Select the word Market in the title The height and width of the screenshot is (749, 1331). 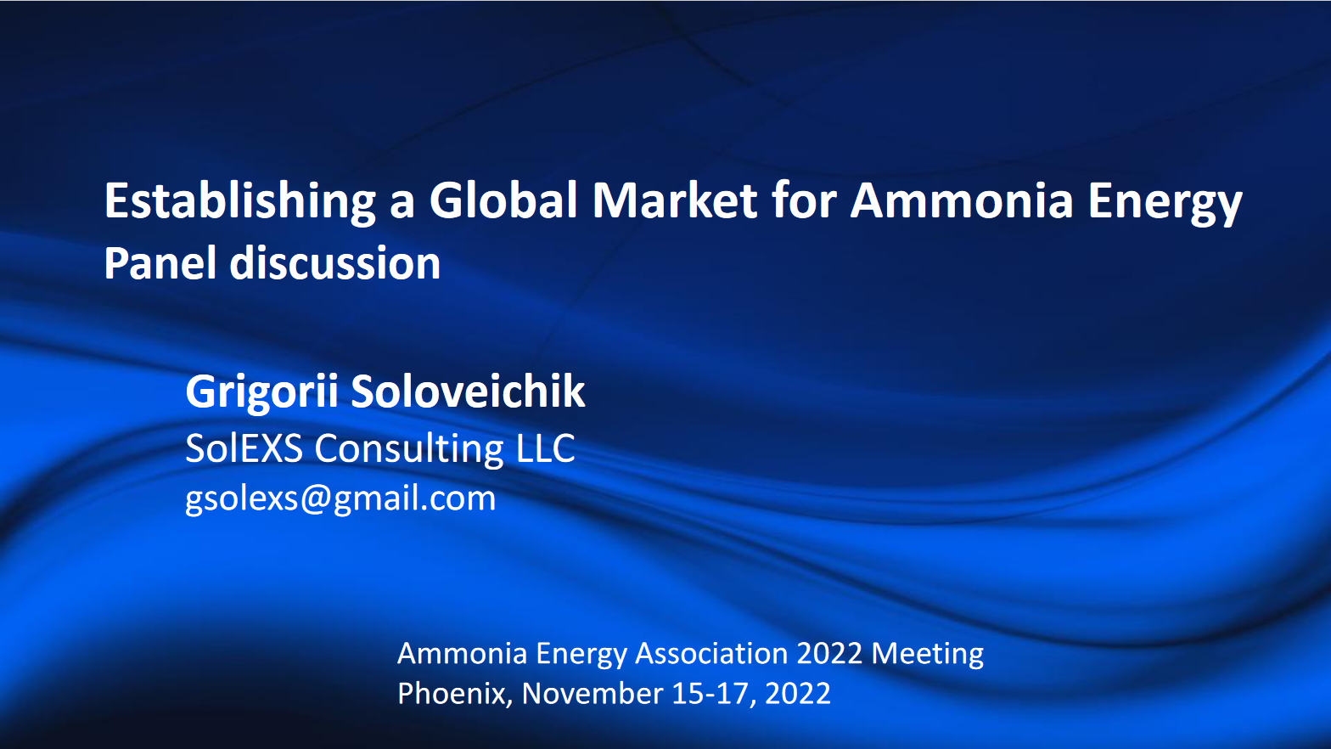click(x=675, y=201)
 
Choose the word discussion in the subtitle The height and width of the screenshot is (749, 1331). click(x=335, y=263)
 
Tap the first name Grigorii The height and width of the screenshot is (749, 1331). click(x=261, y=392)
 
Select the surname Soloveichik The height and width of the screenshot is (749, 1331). click(x=468, y=391)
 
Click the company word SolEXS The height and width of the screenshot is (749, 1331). click(x=244, y=448)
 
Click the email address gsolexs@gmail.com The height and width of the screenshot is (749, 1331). click(x=340, y=498)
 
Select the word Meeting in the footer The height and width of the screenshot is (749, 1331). click(x=928, y=654)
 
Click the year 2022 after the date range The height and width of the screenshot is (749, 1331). click(x=798, y=694)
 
